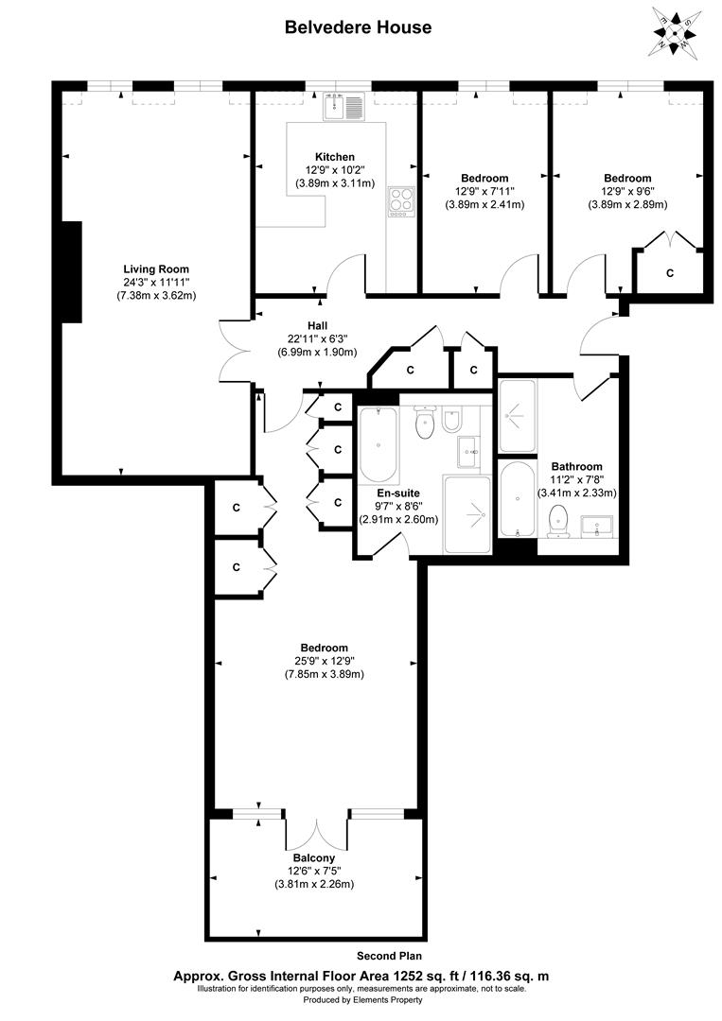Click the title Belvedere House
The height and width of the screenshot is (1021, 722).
(359, 27)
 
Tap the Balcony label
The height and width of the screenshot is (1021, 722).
(313, 857)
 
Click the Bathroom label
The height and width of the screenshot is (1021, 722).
(577, 466)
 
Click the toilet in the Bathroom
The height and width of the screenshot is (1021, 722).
(558, 518)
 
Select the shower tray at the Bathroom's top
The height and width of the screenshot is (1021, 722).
(517, 415)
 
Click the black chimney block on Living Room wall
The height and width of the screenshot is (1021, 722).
(72, 271)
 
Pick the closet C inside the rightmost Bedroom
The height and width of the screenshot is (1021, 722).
(670, 273)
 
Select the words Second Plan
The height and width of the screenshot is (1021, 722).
(388, 956)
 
